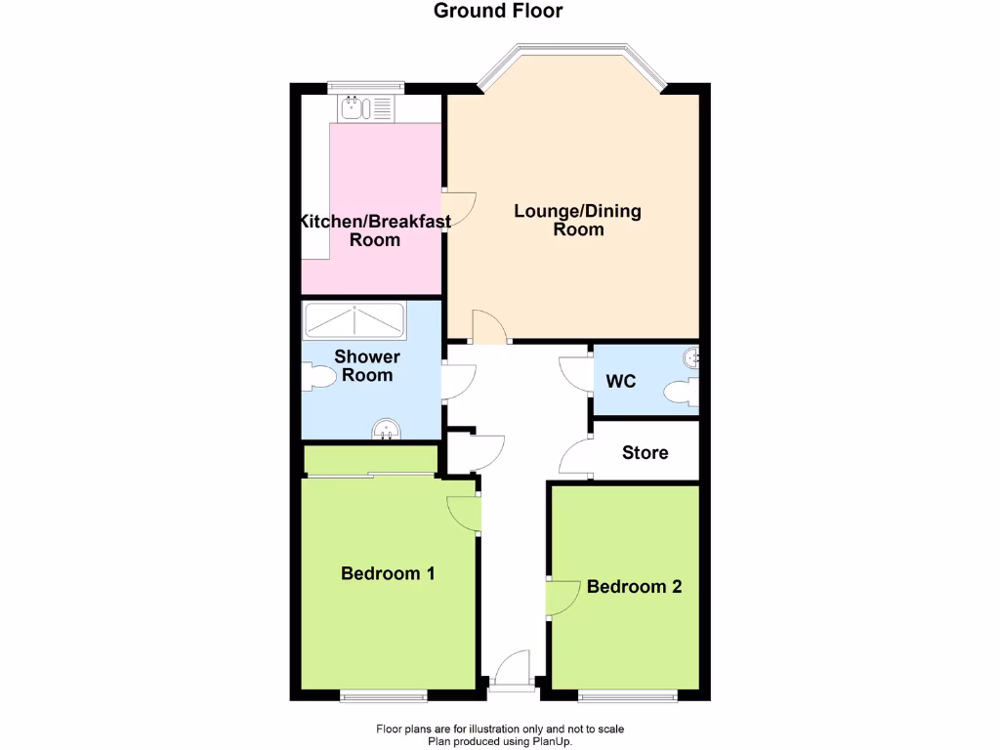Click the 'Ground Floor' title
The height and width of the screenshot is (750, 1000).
pyautogui.click(x=498, y=12)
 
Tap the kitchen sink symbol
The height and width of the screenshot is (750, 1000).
pyautogui.click(x=365, y=106)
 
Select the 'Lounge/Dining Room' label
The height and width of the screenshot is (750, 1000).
pyautogui.click(x=578, y=220)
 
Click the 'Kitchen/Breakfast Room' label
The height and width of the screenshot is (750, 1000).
pyautogui.click(x=375, y=230)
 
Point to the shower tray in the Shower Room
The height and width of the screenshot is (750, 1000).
pyautogui.click(x=354, y=319)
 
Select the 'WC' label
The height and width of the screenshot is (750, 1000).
pyautogui.click(x=621, y=381)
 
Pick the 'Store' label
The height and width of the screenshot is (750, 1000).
pyautogui.click(x=646, y=453)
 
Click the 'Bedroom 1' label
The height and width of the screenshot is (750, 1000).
pyautogui.click(x=388, y=573)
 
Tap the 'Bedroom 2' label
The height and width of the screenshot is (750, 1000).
pyautogui.click(x=635, y=587)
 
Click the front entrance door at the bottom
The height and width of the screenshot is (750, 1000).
pyautogui.click(x=513, y=674)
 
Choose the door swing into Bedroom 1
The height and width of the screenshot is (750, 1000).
pyautogui.click(x=464, y=514)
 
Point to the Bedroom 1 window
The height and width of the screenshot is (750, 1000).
pyautogui.click(x=383, y=695)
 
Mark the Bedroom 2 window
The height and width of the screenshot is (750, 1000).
pyautogui.click(x=627, y=695)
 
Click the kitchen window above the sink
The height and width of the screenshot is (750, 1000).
pyautogui.click(x=366, y=85)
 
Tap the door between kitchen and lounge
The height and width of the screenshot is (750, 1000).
pyautogui.click(x=459, y=205)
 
